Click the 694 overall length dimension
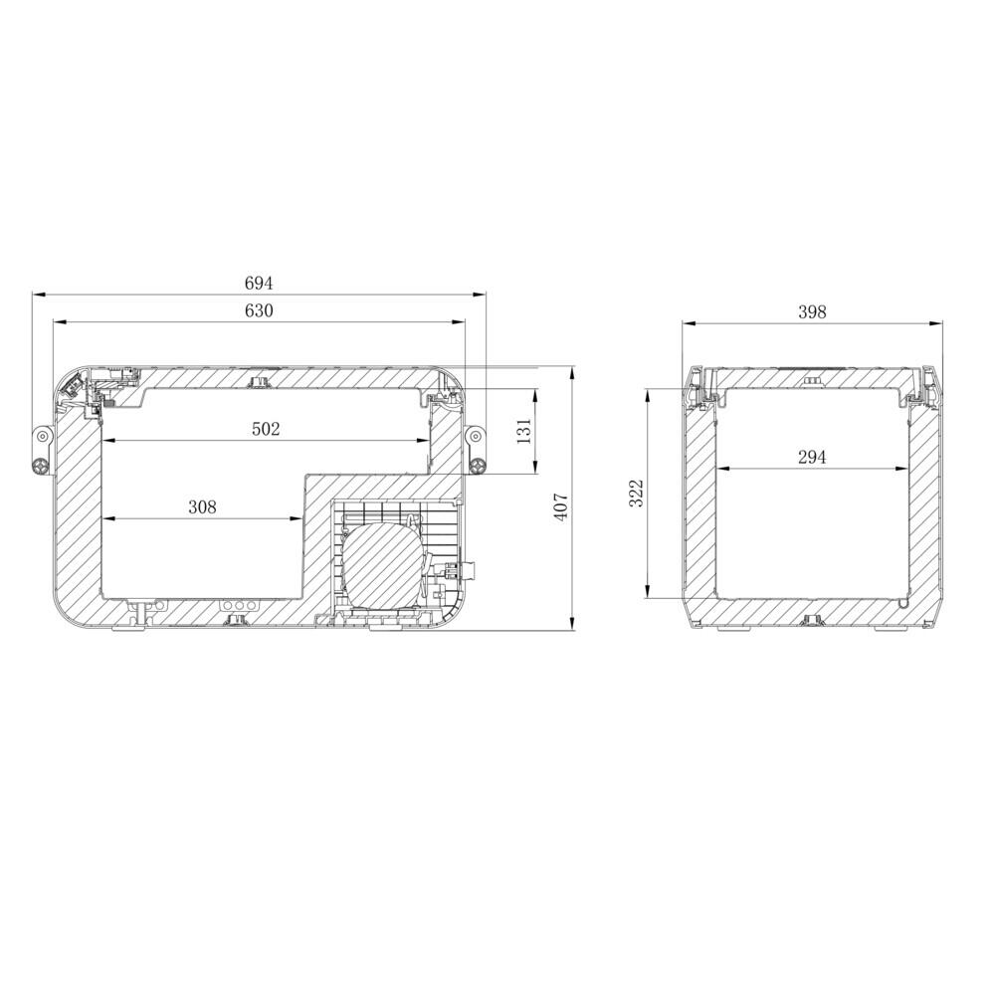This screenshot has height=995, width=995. coord(258,284)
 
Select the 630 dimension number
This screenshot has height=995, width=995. coord(258,310)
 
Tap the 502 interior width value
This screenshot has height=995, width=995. coord(266,429)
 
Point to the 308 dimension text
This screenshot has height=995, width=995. coord(202,507)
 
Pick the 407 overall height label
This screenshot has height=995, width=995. coord(560,507)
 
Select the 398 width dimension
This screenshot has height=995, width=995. coord(812,311)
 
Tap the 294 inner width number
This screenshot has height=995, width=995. coord(812,457)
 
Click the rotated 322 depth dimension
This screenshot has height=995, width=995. coord(638,494)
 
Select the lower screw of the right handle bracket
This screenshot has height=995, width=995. coord(478,465)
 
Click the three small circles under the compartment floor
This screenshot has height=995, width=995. coord(239,605)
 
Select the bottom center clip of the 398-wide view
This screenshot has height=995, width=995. coord(813,621)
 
